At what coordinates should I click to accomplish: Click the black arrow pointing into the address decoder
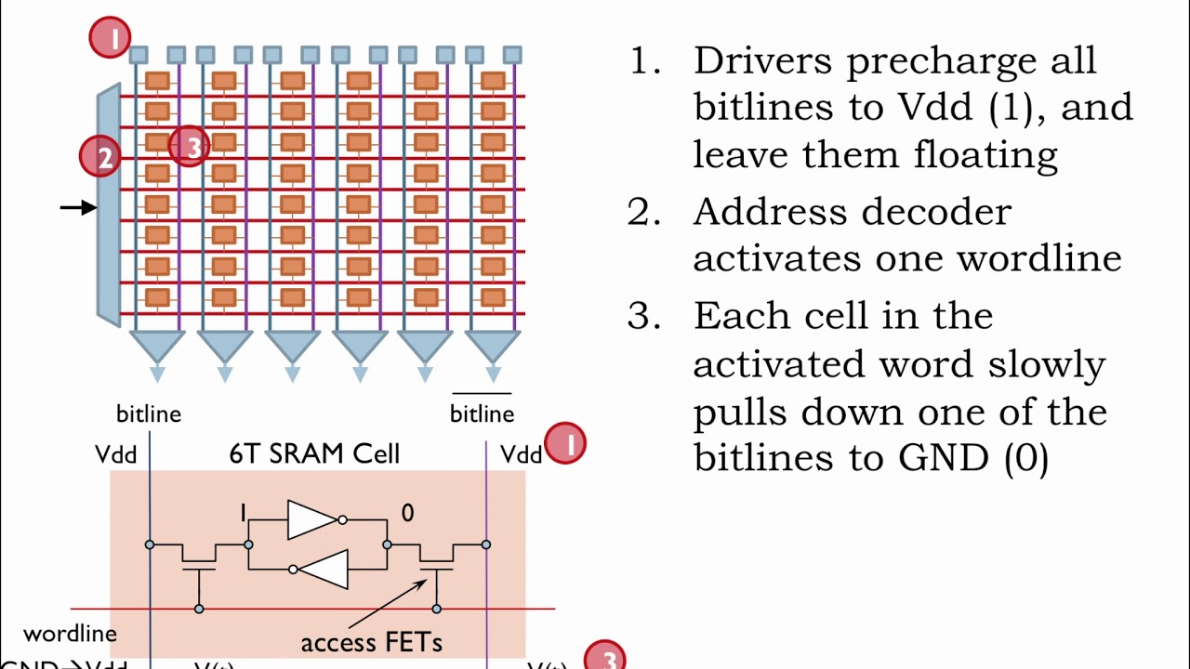(78, 207)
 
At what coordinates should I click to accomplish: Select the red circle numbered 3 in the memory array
(191, 147)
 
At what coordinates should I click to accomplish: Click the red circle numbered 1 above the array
(111, 38)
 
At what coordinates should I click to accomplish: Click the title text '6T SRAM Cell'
(314, 453)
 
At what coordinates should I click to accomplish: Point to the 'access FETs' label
(371, 642)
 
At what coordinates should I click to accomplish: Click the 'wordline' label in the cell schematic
(70, 634)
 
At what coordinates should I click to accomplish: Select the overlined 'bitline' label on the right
(482, 413)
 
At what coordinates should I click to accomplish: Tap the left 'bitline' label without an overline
(149, 413)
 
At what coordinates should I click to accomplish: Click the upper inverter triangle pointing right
(311, 519)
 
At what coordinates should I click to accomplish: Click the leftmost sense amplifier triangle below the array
(157, 347)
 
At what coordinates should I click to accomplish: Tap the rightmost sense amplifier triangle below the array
(493, 347)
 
